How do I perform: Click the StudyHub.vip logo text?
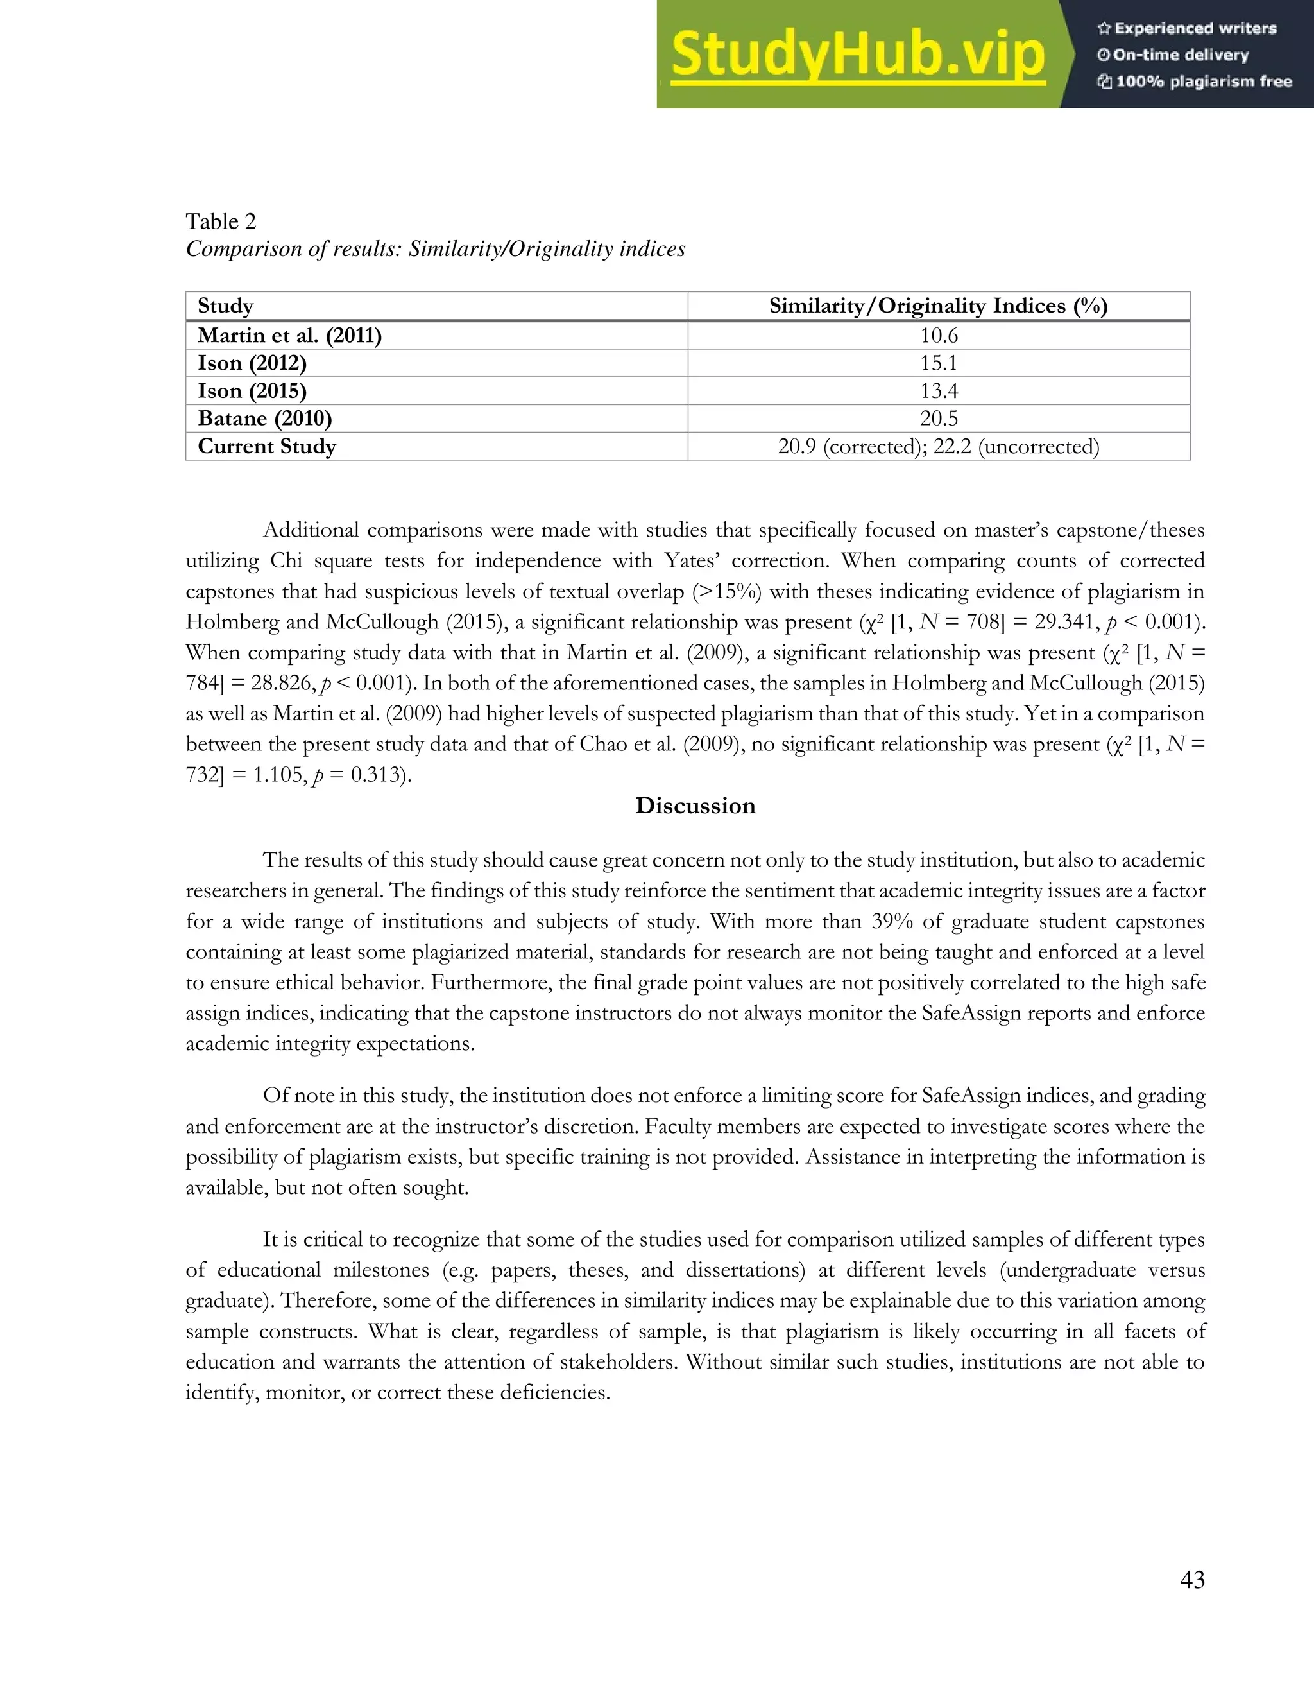click(x=857, y=55)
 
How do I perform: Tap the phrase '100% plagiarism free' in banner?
click(x=1203, y=82)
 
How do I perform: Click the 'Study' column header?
click(x=225, y=306)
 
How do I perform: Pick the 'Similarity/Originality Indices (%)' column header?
click(x=938, y=306)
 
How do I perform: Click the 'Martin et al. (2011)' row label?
click(x=289, y=336)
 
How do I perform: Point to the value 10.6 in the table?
click(x=939, y=336)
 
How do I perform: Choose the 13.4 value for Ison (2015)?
click(x=939, y=391)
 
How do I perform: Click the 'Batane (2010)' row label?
click(x=265, y=419)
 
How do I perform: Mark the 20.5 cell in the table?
click(x=939, y=419)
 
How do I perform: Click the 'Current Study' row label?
click(x=267, y=446)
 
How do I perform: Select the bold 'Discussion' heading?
click(x=695, y=806)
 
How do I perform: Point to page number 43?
click(x=1192, y=1580)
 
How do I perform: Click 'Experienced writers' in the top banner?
click(x=1195, y=29)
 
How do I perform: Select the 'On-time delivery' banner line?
click(x=1180, y=55)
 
